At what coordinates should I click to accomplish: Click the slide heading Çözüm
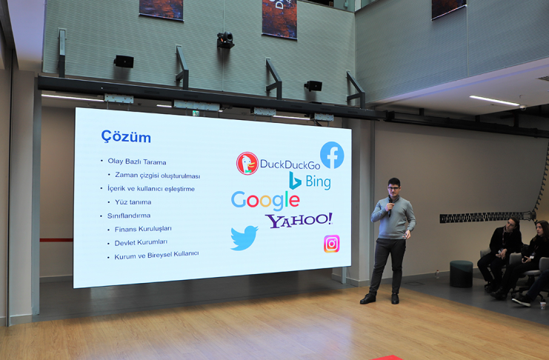click(126, 136)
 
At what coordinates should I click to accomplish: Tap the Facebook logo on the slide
click(332, 155)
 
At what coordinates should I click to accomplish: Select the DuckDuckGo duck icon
click(247, 163)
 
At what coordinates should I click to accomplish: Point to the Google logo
click(265, 201)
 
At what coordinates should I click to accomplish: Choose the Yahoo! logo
click(299, 220)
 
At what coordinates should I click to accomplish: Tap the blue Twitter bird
click(244, 238)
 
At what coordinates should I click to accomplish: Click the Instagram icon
click(332, 244)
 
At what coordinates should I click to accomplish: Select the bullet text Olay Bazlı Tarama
click(137, 161)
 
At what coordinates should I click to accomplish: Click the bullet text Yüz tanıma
click(133, 202)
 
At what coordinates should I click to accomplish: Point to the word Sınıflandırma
click(129, 216)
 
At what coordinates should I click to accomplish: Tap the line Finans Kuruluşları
click(143, 229)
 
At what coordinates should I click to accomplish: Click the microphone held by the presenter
click(390, 206)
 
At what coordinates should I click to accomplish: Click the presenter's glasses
click(393, 188)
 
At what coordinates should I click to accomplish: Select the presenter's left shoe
click(395, 299)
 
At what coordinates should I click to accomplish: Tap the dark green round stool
click(461, 274)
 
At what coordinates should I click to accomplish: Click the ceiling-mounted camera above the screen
click(225, 40)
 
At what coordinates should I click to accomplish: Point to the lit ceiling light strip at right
click(494, 101)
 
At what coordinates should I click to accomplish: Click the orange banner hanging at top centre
click(279, 19)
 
